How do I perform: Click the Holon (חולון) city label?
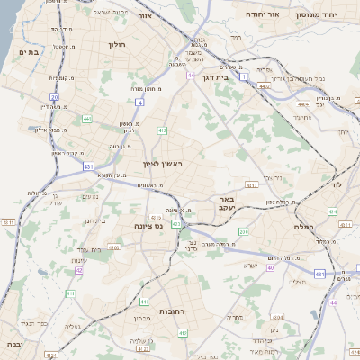coord(117,44)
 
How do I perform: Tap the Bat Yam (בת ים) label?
coord(26,53)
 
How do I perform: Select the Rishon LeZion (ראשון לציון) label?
coord(162,164)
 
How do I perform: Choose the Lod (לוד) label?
coord(335,184)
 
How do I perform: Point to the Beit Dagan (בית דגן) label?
coord(237,78)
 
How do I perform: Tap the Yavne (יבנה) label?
coord(10,344)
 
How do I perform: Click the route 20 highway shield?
coord(54,96)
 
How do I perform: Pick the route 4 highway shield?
coord(140,102)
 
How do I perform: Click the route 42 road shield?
coord(79,269)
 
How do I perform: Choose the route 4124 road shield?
coord(50,355)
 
